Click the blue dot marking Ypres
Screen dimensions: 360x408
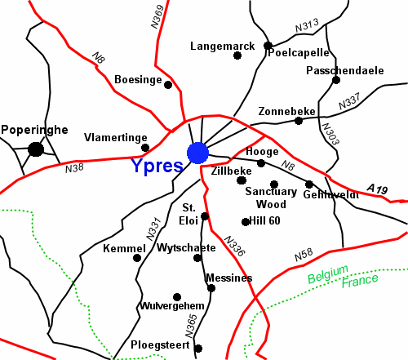coord(197,153)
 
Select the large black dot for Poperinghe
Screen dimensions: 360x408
coord(35,149)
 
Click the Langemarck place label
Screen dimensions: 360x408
coord(217,47)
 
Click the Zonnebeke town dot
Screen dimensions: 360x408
coord(299,121)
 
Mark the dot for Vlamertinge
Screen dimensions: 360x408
coord(145,148)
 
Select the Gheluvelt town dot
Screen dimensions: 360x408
coord(309,184)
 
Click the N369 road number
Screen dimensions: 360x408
coord(157,16)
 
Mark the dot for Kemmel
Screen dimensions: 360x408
coord(137,258)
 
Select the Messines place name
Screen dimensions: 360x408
coord(229,278)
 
